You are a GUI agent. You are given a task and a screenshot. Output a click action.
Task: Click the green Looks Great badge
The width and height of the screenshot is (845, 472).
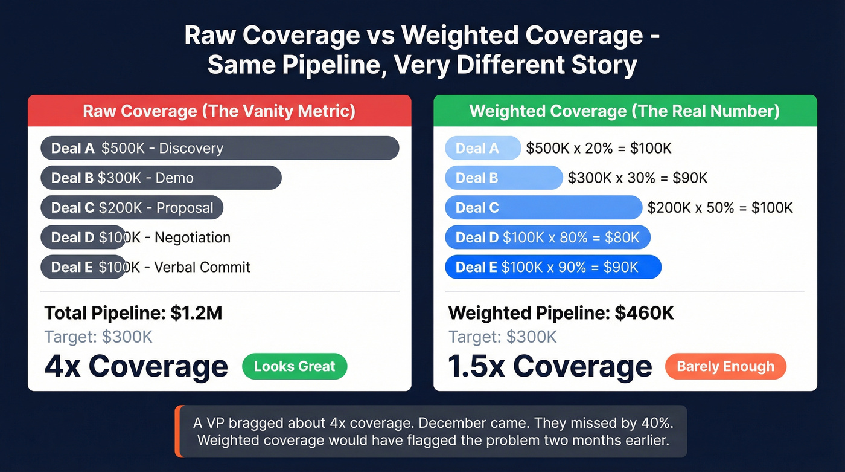295,366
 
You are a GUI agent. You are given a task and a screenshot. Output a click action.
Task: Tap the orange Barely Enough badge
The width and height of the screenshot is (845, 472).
725,366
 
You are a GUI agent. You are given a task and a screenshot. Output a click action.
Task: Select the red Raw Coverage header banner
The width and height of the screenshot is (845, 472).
219,111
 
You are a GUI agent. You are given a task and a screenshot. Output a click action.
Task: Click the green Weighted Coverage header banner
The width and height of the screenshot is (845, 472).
625,111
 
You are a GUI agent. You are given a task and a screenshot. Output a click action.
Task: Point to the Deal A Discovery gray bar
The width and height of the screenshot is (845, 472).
220,148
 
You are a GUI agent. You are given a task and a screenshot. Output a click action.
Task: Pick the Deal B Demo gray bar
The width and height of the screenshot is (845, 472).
161,178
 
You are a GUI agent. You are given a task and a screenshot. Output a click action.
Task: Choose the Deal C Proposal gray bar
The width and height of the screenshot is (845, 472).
132,208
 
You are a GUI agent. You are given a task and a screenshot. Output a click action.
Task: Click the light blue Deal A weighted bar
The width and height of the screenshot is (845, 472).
482,148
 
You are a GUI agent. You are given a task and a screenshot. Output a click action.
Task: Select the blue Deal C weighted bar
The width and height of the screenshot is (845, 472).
543,208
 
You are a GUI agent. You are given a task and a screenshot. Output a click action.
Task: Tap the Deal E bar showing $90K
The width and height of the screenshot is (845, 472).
553,267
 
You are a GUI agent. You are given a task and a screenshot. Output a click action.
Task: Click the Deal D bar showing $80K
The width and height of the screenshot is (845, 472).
547,238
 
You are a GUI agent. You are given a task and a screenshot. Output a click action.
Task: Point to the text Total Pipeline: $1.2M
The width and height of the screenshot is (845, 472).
133,313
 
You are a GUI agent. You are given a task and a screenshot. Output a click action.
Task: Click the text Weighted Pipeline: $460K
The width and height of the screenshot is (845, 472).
561,313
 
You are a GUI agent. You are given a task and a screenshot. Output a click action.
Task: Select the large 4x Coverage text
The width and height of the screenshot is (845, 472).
136,366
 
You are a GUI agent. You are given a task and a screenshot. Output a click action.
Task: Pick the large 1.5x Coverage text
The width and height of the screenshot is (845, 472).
550,366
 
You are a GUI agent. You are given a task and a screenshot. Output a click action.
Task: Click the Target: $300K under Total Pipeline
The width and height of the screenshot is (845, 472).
98,337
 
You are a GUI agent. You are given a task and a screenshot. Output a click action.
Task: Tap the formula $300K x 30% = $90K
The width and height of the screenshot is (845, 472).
637,178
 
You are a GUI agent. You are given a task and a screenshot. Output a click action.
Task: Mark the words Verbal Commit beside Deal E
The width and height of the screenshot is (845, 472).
202,267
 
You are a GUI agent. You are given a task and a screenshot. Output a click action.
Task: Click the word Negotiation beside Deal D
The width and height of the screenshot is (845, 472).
193,238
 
